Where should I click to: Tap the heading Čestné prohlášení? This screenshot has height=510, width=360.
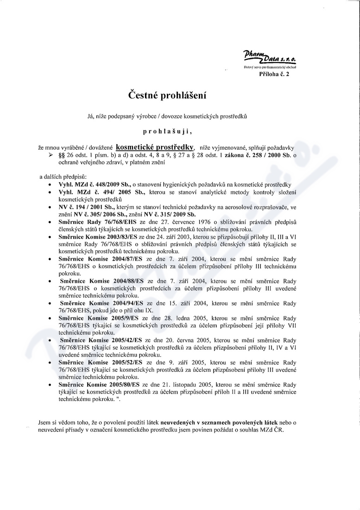[x=167, y=96]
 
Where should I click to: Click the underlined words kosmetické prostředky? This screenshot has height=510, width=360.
[x=155, y=147]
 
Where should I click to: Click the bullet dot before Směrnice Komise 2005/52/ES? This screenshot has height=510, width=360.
[x=50, y=363]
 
